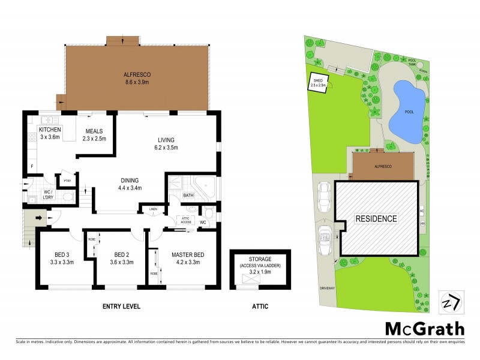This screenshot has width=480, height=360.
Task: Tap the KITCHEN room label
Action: (50, 134)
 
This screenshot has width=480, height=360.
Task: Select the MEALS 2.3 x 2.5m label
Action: (94, 135)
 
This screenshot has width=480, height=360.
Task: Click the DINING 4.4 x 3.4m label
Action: (130, 184)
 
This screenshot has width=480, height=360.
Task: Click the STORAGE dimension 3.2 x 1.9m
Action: (260, 271)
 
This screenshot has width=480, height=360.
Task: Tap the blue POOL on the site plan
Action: (407, 109)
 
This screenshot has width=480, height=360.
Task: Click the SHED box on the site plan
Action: (318, 83)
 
